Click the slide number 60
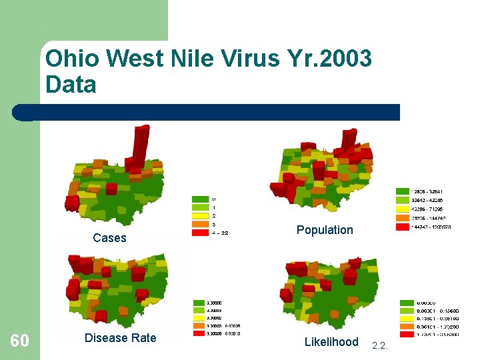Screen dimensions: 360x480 click(x=19, y=341)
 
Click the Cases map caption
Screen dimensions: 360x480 click(x=109, y=238)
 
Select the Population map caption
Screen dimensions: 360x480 click(x=325, y=230)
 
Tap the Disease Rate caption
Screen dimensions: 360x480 click(x=120, y=338)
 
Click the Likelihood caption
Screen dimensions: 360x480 click(x=331, y=342)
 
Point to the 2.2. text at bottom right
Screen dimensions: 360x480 click(x=380, y=345)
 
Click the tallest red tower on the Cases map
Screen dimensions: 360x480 click(x=140, y=143)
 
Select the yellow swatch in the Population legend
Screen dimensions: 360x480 click(x=403, y=209)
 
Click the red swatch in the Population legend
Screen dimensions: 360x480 click(x=403, y=227)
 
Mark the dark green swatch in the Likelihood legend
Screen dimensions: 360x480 click(x=407, y=303)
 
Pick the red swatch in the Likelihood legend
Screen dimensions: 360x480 click(x=407, y=335)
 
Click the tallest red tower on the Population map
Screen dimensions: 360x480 click(x=349, y=141)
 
